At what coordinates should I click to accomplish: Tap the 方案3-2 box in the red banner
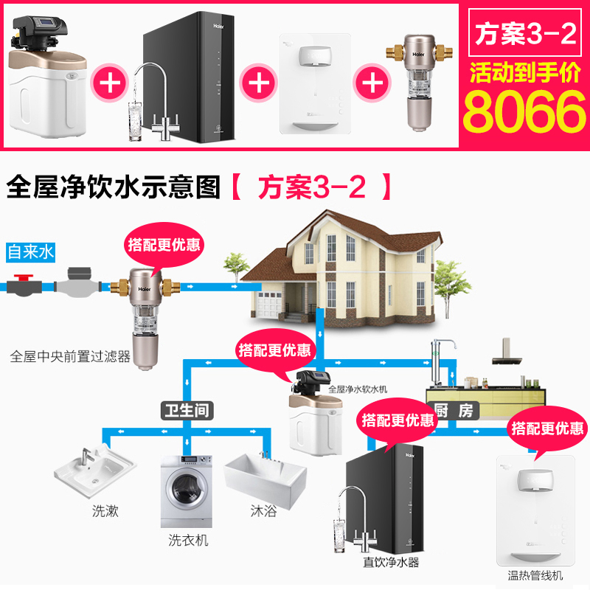(524, 34)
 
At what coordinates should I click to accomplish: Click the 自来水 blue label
(30, 252)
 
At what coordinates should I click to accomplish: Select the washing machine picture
(186, 490)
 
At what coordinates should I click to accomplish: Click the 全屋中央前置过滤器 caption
(70, 356)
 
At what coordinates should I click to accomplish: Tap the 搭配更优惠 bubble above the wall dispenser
(547, 428)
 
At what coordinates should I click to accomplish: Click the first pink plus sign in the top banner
(111, 82)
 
